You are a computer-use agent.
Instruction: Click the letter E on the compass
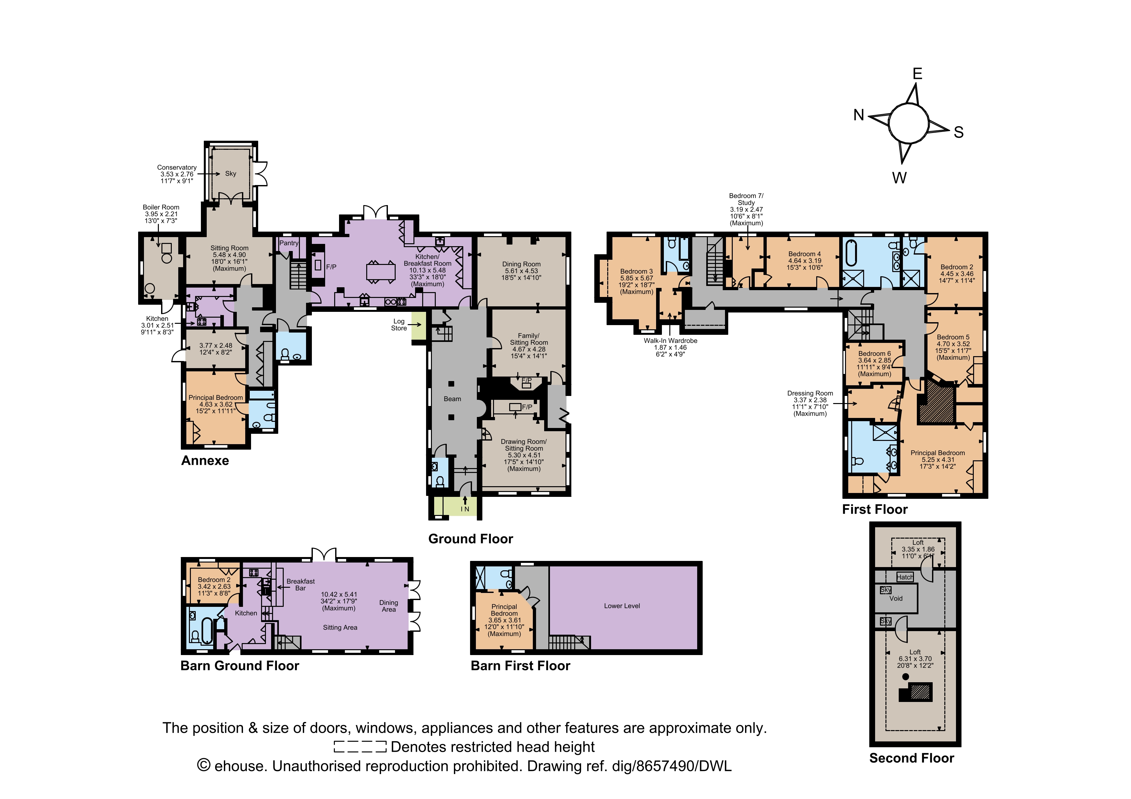click(917, 73)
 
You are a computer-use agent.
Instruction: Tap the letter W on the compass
click(899, 178)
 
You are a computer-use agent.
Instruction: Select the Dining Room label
click(521, 264)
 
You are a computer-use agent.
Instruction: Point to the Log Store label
click(399, 325)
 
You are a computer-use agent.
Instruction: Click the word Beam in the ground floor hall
click(452, 399)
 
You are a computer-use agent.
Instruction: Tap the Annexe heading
click(205, 461)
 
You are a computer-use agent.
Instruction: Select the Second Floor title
click(911, 758)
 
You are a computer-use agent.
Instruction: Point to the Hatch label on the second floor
click(905, 577)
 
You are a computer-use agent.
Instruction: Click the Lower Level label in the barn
click(622, 606)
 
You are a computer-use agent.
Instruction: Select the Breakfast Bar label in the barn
click(301, 585)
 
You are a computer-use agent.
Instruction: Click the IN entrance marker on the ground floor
click(465, 509)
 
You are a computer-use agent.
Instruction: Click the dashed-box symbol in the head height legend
click(360, 747)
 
